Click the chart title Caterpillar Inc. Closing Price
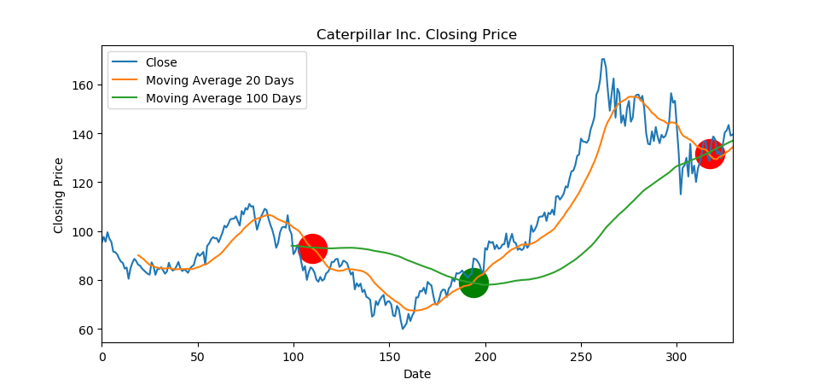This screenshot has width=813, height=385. tap(416, 35)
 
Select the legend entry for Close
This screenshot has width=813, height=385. tap(162, 62)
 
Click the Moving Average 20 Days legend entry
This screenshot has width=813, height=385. tap(219, 80)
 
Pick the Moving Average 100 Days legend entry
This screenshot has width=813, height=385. tap(224, 99)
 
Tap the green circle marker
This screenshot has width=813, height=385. tap(473, 283)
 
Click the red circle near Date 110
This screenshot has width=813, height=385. tap(312, 249)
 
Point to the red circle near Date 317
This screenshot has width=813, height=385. tap(710, 154)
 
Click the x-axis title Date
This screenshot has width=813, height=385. tap(416, 374)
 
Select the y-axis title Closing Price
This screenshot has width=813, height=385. tap(59, 195)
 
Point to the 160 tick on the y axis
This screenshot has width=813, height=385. tap(86, 85)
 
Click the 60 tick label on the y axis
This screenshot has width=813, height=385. tap(90, 330)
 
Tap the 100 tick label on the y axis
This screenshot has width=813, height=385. tap(86, 232)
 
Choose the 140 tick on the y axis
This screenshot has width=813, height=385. tap(86, 134)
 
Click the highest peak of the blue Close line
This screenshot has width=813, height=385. tap(603, 59)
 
